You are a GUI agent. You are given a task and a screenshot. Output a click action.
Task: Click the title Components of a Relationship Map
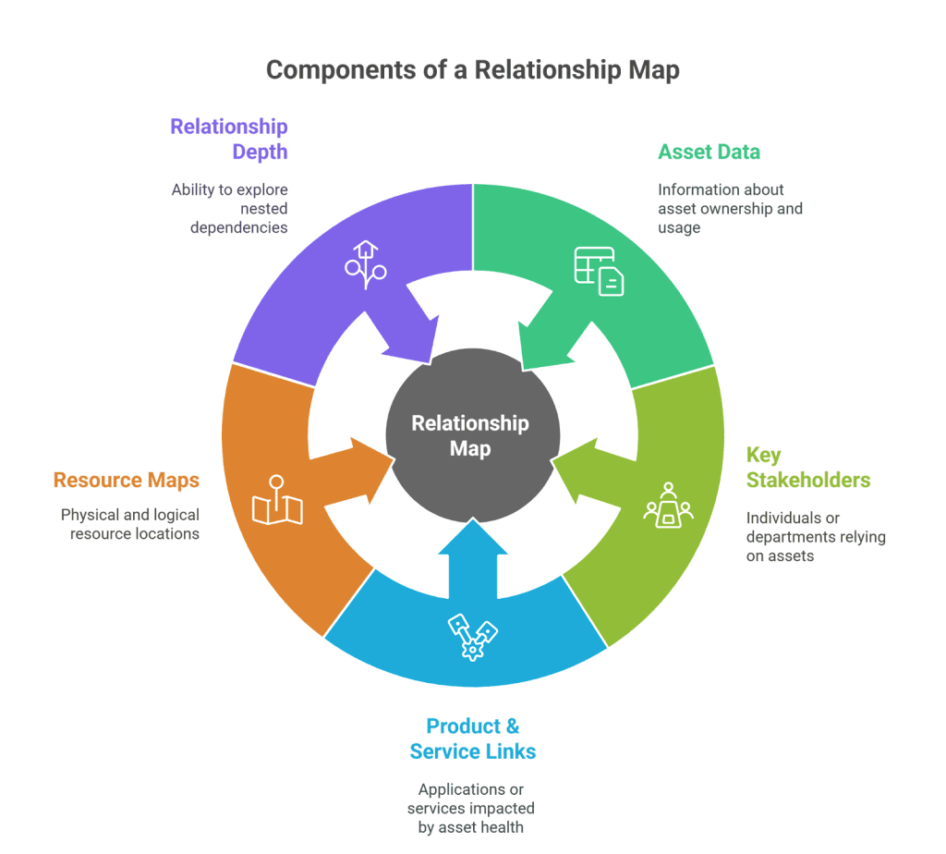pyautogui.click(x=472, y=70)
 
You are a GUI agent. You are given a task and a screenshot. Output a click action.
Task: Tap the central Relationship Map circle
pyautogui.click(x=472, y=435)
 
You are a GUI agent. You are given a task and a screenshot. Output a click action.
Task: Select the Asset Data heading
pyautogui.click(x=709, y=152)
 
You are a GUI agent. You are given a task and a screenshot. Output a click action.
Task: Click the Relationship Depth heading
pyautogui.click(x=229, y=139)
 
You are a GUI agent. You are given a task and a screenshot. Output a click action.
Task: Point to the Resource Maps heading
pyautogui.click(x=126, y=480)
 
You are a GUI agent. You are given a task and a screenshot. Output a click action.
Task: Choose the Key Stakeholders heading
pyautogui.click(x=807, y=467)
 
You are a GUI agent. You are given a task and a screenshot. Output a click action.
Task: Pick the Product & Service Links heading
pyautogui.click(x=472, y=738)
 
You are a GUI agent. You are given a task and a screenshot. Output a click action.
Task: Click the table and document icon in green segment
pyautogui.click(x=599, y=270)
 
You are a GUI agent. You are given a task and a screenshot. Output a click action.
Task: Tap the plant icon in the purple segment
pyautogui.click(x=365, y=264)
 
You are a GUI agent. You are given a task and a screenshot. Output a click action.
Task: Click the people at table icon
pyautogui.click(x=668, y=506)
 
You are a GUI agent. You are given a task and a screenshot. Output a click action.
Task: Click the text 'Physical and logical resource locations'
pyautogui.click(x=129, y=524)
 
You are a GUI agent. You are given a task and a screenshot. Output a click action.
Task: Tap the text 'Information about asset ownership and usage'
pyautogui.click(x=730, y=208)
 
